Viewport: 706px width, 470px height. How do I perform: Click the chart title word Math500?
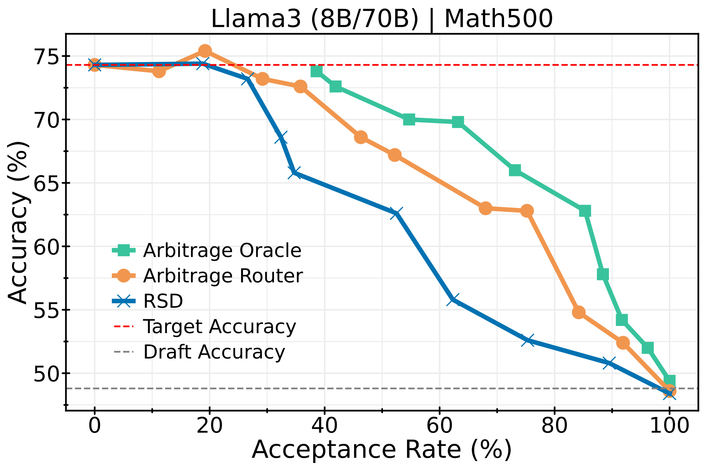coord(498,19)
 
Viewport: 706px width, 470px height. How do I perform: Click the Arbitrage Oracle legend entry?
coord(222,251)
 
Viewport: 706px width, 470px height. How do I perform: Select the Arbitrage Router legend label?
coord(223,276)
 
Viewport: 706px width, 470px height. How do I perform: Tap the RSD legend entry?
coord(163,301)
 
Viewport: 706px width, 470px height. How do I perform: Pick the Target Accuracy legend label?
coord(219,326)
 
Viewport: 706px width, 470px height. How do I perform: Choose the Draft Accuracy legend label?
coord(214,352)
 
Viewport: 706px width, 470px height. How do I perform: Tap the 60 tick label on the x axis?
coord(439,426)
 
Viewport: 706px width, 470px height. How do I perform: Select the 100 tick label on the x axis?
coord(669,426)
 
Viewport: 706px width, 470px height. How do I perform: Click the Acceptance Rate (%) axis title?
coord(382,450)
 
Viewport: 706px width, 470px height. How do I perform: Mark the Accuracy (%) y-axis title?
coord(18,222)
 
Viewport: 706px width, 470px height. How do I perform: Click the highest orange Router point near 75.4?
coord(205,51)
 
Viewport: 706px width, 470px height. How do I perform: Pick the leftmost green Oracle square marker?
coord(317,71)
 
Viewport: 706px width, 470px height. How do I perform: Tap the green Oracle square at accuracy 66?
coord(515,170)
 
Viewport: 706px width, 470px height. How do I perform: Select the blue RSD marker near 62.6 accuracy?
coord(396,213)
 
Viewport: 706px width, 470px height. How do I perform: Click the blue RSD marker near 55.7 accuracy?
coord(453,300)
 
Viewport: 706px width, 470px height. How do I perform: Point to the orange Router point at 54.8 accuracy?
coord(579,312)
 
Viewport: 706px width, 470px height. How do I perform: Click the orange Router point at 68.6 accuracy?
coord(360,137)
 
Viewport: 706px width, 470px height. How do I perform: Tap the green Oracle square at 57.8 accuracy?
coord(603,274)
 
